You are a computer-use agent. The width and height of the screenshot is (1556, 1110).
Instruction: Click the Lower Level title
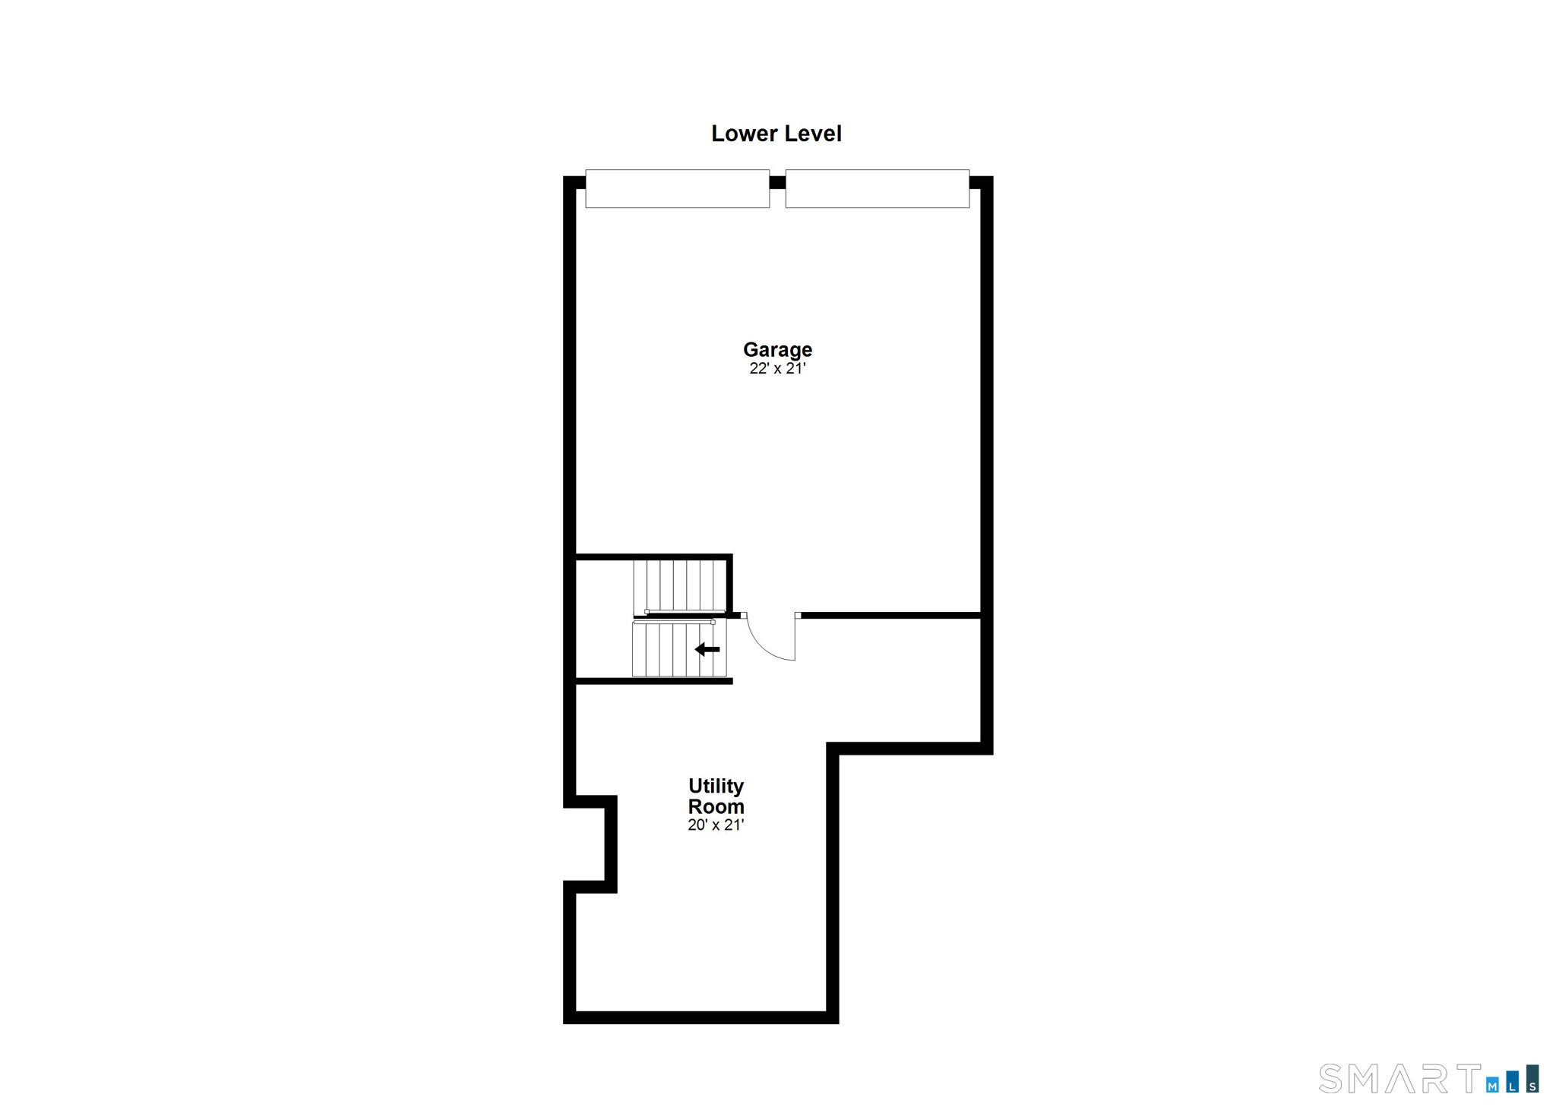776,134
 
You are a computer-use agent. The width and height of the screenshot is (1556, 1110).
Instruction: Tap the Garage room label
777,349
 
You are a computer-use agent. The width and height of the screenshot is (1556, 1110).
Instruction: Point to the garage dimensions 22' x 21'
777,369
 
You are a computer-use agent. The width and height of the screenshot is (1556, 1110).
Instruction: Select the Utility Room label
716,796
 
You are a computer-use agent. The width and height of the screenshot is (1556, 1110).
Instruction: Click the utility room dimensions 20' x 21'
716,825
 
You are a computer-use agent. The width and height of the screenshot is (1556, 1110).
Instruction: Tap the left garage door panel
677,188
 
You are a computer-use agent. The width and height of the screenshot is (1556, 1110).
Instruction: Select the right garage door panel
877,188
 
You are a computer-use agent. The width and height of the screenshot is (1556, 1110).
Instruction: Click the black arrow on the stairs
707,649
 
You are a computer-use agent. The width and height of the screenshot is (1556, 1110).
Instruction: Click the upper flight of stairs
680,585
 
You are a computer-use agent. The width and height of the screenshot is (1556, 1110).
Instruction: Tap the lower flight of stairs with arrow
679,649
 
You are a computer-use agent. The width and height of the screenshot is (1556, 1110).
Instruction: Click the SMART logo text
1399,1078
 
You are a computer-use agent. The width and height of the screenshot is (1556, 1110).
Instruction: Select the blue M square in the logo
1493,1085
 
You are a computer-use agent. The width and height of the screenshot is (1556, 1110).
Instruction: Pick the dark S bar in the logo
1532,1079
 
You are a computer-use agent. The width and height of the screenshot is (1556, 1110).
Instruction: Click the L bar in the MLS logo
1513,1082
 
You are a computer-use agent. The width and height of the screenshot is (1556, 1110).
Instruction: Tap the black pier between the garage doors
777,182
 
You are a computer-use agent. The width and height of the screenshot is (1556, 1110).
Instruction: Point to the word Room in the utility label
716,806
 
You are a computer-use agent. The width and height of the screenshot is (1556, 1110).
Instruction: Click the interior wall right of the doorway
890,615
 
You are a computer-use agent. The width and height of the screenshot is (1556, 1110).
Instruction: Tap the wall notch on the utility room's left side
610,844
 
